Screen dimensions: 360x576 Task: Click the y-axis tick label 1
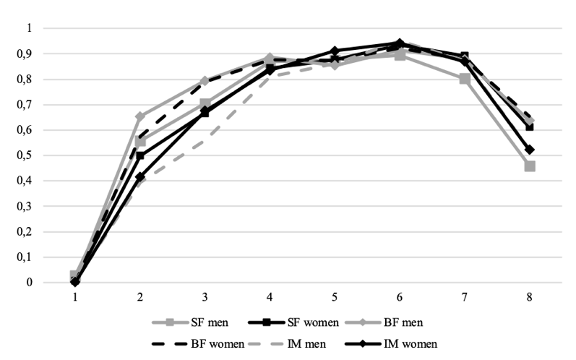coord(29,28)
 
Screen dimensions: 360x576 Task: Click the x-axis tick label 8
coord(530,296)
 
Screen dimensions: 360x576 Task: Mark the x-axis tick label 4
coord(270,296)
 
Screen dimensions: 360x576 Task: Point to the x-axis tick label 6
coord(400,296)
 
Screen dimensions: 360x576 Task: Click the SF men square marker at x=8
coord(530,166)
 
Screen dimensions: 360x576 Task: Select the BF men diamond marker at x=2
coord(140,116)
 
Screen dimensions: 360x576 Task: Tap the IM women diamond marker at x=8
coord(530,150)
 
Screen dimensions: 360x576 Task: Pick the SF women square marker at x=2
coord(140,155)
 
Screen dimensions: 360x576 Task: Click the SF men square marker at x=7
coord(465,79)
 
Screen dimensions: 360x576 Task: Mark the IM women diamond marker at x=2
coord(140,177)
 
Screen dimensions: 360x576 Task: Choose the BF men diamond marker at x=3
coord(205,81)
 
